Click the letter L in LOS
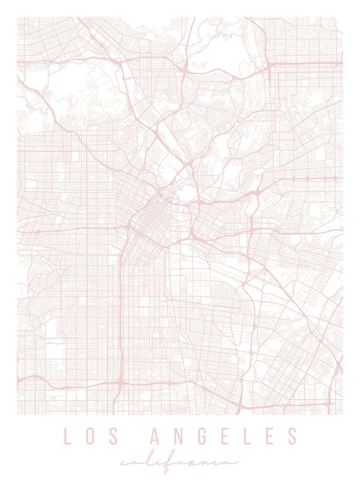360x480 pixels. [68, 436]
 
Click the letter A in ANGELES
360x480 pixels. [155, 436]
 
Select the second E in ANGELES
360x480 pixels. [269, 436]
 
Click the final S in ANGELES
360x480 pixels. [292, 436]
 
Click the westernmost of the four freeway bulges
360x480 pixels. [307, 179]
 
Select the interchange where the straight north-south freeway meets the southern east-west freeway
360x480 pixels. [120, 383]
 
